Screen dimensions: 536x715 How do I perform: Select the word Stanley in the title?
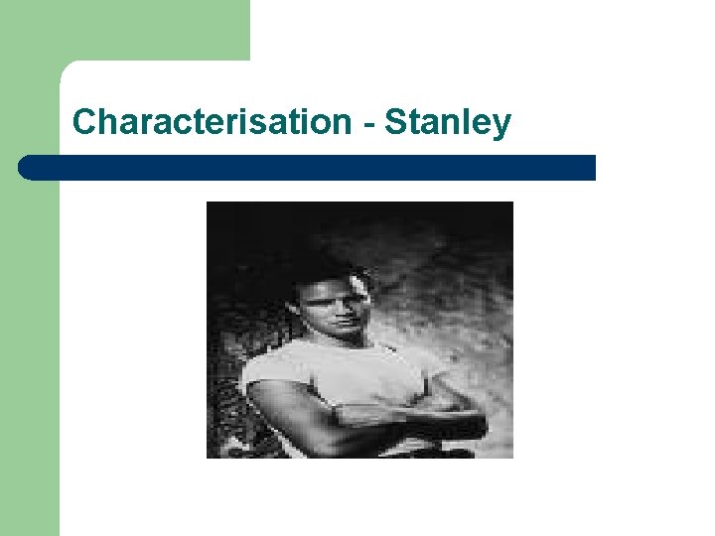pos(448,123)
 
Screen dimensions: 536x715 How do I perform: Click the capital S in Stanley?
pos(395,122)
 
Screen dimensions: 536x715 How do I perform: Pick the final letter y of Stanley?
pos(502,126)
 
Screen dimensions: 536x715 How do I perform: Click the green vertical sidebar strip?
pos(30,347)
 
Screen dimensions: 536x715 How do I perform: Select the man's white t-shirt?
pos(338,372)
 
